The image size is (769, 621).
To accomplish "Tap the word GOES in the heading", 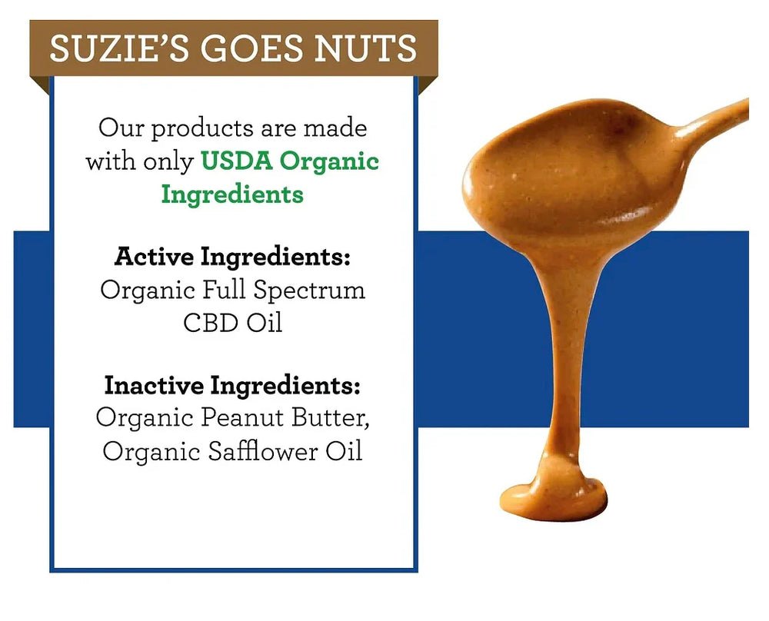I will [x=246, y=48].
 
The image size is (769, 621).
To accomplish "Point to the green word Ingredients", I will [x=232, y=194].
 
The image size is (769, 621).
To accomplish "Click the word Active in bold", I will [x=154, y=257].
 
